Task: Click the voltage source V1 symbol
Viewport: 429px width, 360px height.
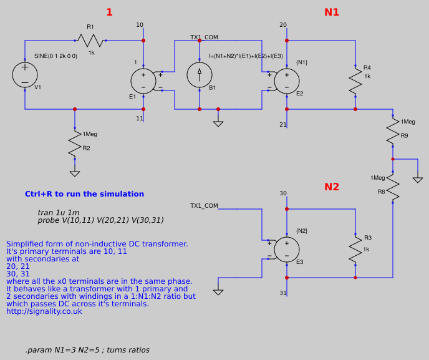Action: click(25, 75)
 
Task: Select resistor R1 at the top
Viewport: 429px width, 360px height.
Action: click(91, 41)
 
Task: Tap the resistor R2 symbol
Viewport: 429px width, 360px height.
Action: click(75, 144)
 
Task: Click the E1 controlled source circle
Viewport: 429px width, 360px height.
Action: click(143, 81)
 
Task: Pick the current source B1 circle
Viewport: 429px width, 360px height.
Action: click(200, 75)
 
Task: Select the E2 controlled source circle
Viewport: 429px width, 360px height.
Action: click(287, 81)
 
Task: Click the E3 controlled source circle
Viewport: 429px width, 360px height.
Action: click(287, 249)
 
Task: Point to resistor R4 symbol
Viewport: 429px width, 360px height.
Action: click(355, 80)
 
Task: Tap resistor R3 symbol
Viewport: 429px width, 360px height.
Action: click(355, 249)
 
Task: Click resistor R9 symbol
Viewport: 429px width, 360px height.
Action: click(393, 130)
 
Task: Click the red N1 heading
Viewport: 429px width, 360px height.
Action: click(332, 12)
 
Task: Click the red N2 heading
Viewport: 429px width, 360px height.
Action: click(332, 187)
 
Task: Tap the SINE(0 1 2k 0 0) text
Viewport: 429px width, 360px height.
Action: click(55, 56)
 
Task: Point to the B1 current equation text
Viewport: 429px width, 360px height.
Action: click(246, 56)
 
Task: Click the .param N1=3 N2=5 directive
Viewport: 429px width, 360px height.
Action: click(87, 350)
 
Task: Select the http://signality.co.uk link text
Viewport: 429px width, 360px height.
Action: click(44, 311)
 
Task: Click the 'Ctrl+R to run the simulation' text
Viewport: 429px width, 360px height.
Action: click(84, 194)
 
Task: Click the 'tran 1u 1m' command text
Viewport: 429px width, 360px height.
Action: click(58, 213)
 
